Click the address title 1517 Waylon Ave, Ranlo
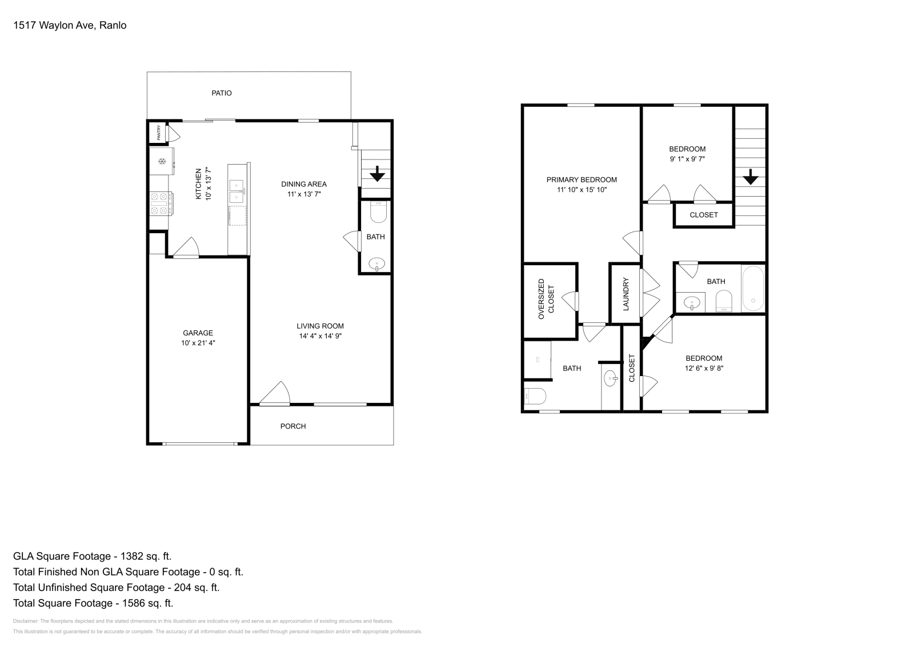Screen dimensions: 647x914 (x=70, y=25)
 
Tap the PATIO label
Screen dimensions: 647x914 (x=222, y=93)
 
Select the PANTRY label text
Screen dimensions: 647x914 (x=158, y=133)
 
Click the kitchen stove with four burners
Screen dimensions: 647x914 (x=160, y=203)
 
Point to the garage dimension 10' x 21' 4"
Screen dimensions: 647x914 (x=198, y=343)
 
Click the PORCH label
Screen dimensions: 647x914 (x=293, y=426)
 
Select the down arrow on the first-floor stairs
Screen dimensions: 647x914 (x=377, y=173)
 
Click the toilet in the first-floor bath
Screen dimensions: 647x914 (x=378, y=213)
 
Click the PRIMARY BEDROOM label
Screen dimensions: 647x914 (x=582, y=179)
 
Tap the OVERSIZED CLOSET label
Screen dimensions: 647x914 (x=546, y=299)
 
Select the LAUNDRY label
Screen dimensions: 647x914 (x=626, y=294)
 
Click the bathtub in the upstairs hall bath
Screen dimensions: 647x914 (x=752, y=289)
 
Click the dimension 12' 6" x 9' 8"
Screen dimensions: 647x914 (x=704, y=369)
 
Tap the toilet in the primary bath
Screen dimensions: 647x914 (x=535, y=396)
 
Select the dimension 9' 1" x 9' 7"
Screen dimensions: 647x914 (x=687, y=159)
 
